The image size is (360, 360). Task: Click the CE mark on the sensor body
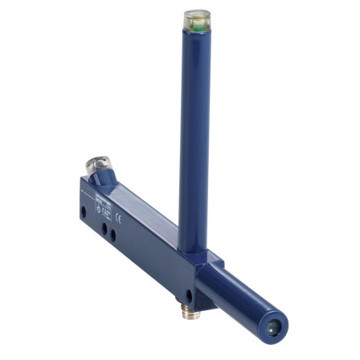click(117, 215)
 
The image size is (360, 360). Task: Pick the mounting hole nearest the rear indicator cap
click(84, 211)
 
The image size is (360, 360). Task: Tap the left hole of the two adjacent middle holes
click(104, 228)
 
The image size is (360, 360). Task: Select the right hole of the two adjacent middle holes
click(113, 234)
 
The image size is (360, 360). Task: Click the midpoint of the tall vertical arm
click(194, 137)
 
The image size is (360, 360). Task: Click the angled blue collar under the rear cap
click(100, 177)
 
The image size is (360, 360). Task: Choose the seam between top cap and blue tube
click(195, 34)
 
